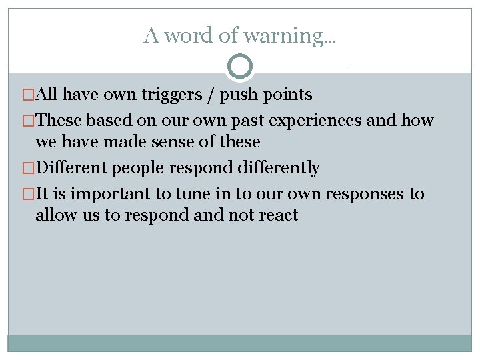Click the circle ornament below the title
coord(240,67)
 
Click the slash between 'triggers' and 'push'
coord(211,95)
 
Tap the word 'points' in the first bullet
coord(287,95)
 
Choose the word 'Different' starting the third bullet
coord(71,168)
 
